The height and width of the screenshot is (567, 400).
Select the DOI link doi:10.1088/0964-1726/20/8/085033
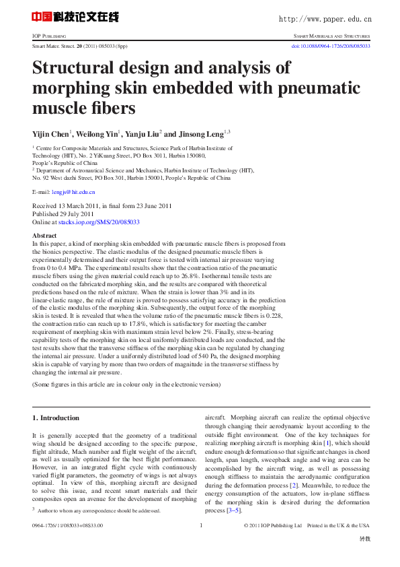tap(329, 46)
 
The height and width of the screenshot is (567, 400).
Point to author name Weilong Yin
tap(100, 133)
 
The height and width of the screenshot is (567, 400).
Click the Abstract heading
tap(44, 236)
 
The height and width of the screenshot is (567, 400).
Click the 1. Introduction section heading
tap(56, 418)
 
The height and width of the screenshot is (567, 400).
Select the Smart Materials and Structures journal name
tap(331, 36)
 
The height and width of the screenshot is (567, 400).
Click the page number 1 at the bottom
tap(201, 525)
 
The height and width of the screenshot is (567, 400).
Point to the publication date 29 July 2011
tap(81, 213)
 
